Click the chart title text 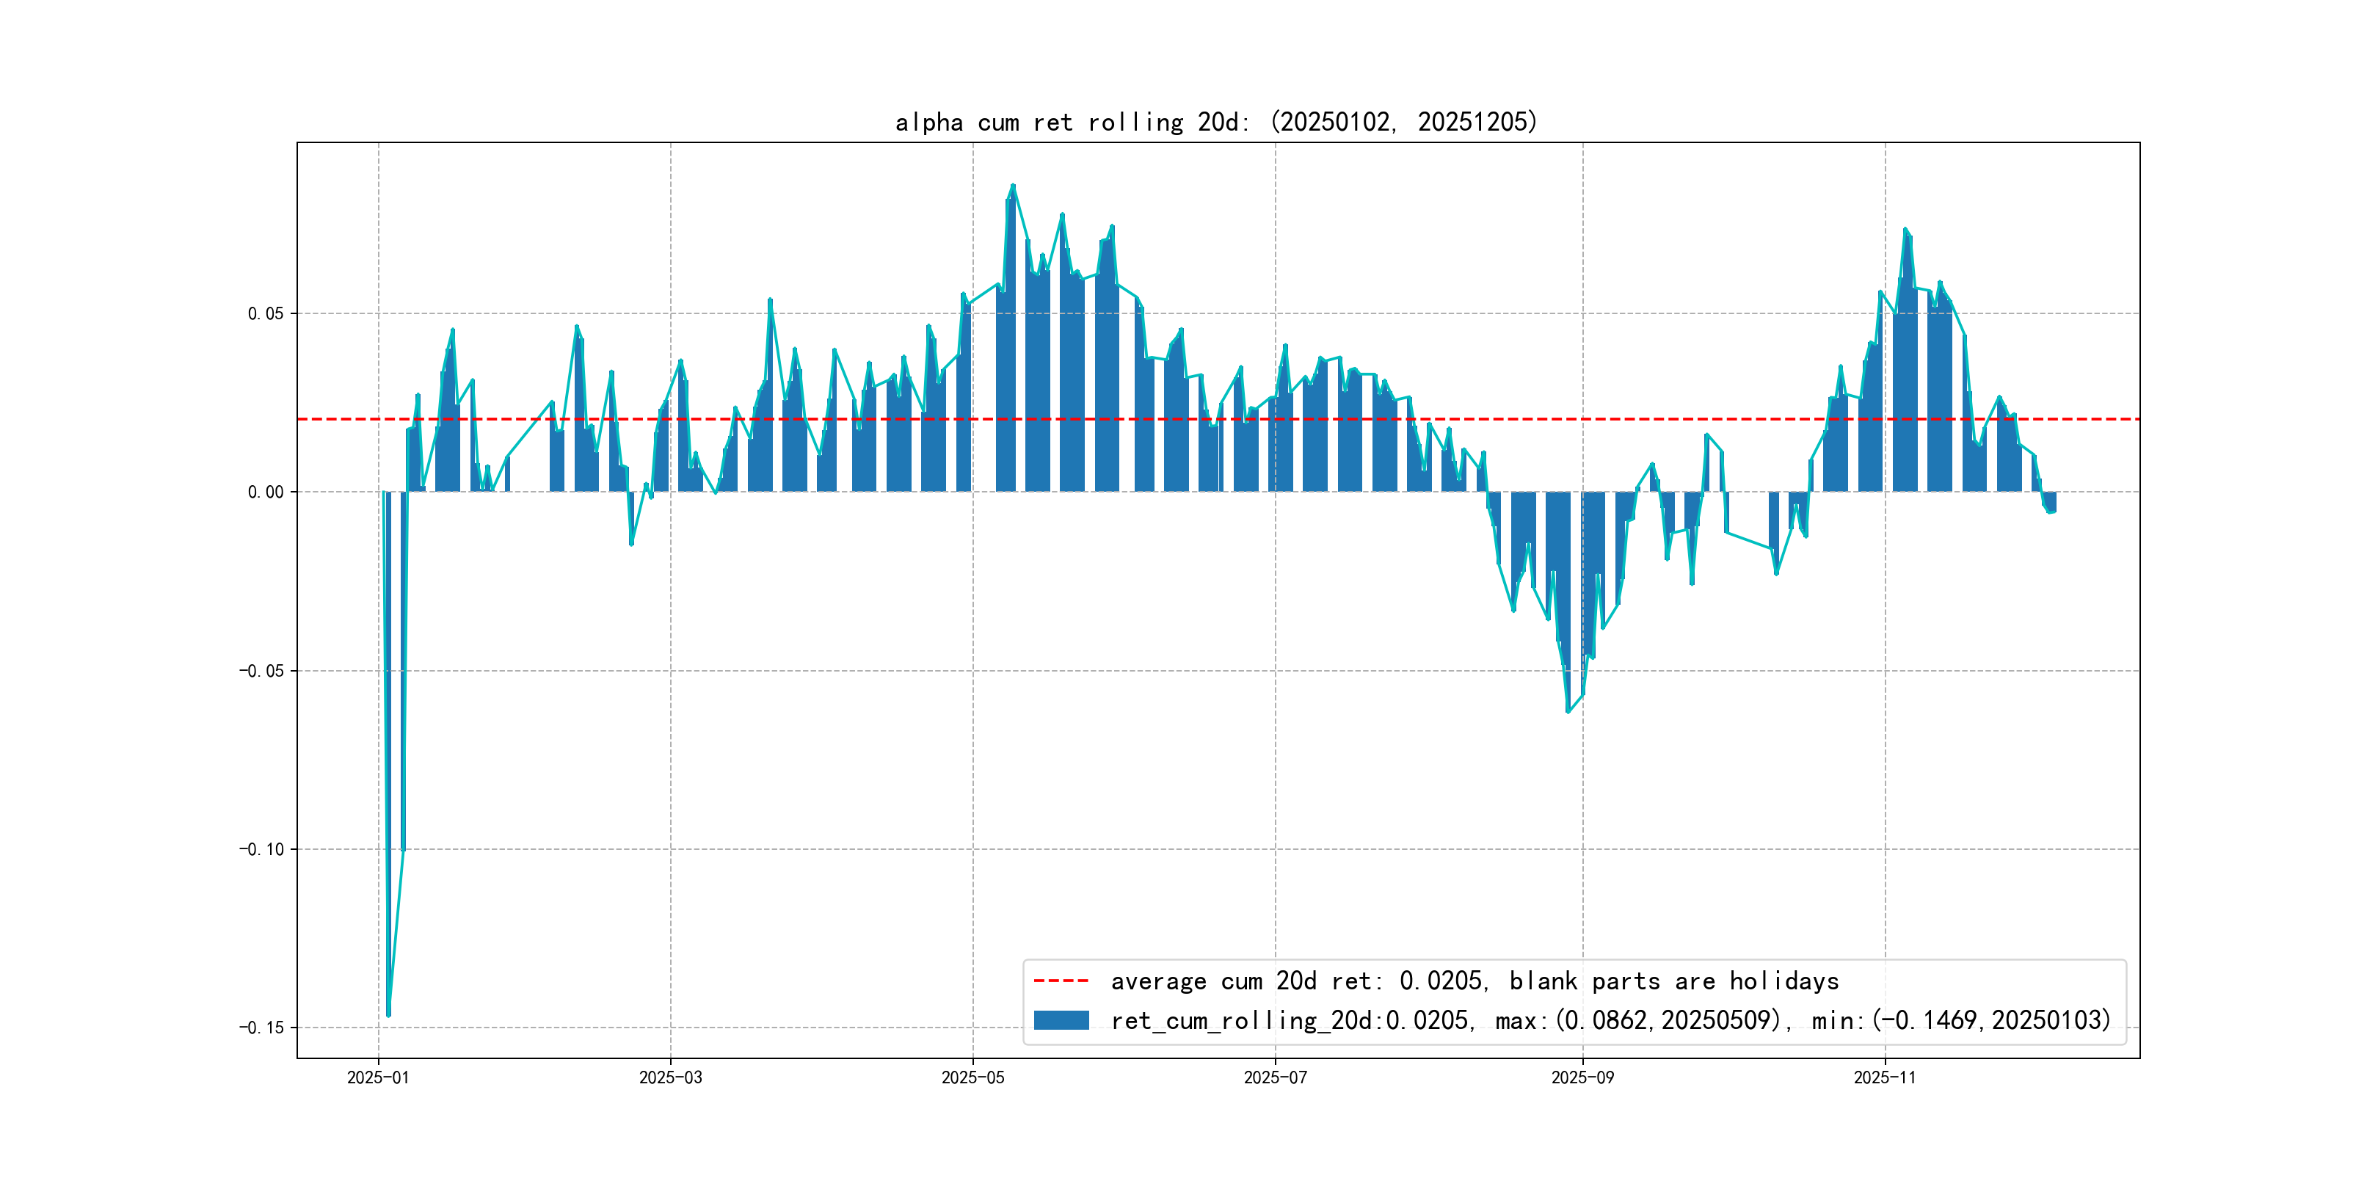1215,122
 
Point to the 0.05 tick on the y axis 265,314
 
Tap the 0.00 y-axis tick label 265,492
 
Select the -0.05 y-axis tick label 261,671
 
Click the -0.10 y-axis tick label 261,849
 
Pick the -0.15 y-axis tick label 261,1028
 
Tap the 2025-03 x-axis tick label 670,1077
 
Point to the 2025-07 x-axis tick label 1275,1077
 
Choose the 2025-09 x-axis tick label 1582,1077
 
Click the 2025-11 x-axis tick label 1884,1077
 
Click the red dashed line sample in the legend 1061,981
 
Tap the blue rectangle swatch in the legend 1061,1020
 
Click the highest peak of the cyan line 1013,186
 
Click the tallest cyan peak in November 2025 1905,229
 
